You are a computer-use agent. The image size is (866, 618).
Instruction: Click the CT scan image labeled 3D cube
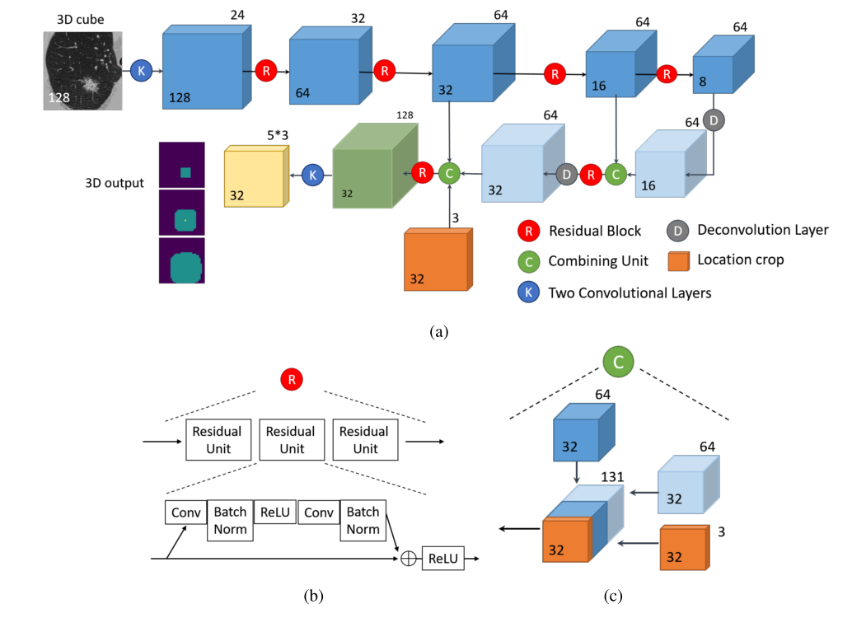(83, 71)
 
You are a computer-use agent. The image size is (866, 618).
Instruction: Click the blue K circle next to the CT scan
(141, 71)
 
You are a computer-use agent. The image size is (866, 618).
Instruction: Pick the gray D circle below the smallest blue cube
(714, 121)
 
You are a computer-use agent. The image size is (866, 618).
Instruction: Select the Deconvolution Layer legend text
(762, 230)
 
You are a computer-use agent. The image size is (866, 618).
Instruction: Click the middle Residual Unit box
(292, 440)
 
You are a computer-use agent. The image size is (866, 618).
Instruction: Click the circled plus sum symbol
(407, 558)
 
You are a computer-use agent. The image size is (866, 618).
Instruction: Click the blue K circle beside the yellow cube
(312, 174)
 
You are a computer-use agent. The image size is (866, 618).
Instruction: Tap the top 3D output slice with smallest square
(181, 165)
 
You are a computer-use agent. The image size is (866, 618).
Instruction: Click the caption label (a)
(438, 331)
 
